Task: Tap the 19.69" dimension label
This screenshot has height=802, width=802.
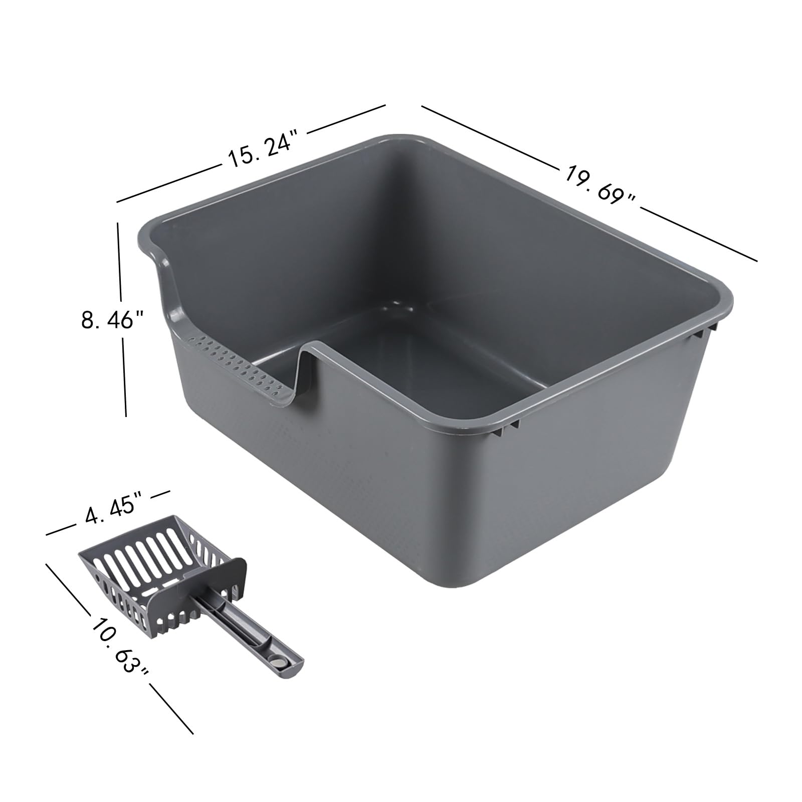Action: (600, 183)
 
